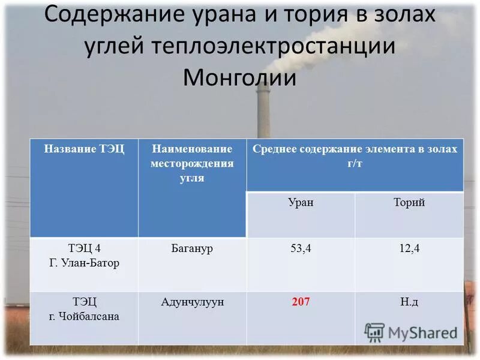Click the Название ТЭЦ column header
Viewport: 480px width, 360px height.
click(84, 149)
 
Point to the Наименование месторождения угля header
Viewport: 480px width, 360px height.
click(192, 163)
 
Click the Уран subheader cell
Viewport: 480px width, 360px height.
click(301, 202)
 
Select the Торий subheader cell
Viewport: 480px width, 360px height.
click(409, 202)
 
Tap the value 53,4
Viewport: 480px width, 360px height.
click(301, 248)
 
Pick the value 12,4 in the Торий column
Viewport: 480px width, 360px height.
click(409, 248)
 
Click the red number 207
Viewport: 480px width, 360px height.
click(301, 302)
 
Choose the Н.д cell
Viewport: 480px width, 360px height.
click(409, 302)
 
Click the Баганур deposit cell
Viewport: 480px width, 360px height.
click(192, 248)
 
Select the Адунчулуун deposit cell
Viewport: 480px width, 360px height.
click(192, 302)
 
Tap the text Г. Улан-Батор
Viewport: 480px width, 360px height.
click(84, 263)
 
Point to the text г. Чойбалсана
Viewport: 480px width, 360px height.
click(84, 316)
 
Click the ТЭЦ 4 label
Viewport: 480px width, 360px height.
click(84, 248)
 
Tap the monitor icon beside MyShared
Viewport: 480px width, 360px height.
click(374, 332)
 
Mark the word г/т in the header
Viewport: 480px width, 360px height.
click(355, 163)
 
